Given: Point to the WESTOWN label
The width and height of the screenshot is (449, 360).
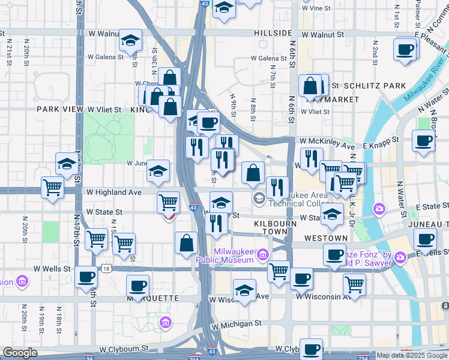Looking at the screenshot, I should [x=326, y=238].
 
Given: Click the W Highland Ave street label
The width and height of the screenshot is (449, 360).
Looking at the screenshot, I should [x=113, y=192].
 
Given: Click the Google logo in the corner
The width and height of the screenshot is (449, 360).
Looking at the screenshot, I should [x=20, y=353].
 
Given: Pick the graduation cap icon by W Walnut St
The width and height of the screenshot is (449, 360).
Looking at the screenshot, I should [x=130, y=40].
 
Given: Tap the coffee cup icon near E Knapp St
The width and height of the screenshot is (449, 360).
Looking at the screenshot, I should [x=423, y=141].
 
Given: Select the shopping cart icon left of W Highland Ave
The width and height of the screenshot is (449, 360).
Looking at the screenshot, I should [x=53, y=187].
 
